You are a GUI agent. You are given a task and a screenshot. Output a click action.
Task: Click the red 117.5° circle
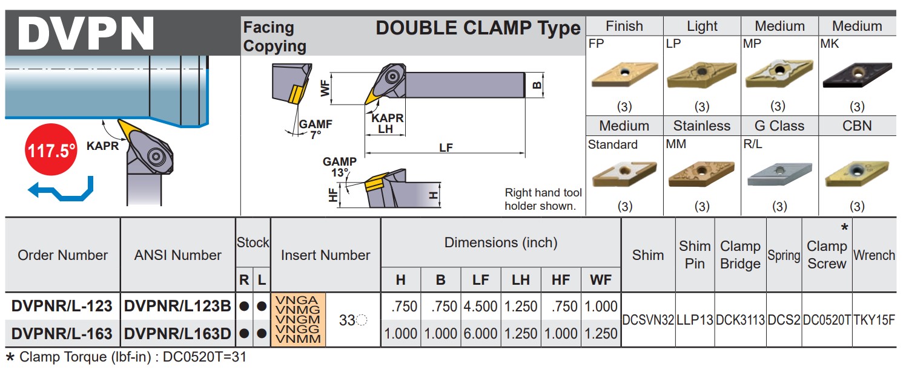coord(51,150)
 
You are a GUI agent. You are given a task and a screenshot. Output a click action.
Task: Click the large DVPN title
coord(86,33)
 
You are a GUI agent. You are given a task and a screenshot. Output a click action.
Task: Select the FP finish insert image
coord(624,74)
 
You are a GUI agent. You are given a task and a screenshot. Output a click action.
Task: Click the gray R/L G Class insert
coord(779,174)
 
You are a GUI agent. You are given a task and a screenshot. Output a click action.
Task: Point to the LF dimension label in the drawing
coord(446,147)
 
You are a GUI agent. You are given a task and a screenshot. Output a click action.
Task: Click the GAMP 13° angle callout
coord(340,167)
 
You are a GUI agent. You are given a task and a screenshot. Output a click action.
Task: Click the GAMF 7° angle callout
coord(316,129)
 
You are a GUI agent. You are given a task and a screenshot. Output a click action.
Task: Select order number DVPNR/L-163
coord(62,333)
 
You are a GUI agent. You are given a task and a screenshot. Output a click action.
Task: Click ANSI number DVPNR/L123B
coord(177,307)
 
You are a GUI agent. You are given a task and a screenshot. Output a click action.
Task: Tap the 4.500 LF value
coord(481,307)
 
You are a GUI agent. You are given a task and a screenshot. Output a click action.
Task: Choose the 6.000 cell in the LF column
coord(481,333)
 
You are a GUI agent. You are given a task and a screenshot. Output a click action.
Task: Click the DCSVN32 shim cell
coord(648,320)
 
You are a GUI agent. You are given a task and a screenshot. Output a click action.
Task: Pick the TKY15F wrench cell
coord(874,320)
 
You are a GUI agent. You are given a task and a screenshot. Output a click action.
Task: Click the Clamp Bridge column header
coord(740,255)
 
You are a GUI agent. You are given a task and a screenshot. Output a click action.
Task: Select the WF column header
coord(600,280)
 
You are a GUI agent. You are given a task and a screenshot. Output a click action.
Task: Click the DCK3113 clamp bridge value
coord(740,320)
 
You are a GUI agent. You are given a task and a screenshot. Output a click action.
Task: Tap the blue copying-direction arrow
coord(61,189)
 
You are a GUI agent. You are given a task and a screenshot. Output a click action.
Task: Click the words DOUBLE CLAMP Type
coord(478,28)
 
